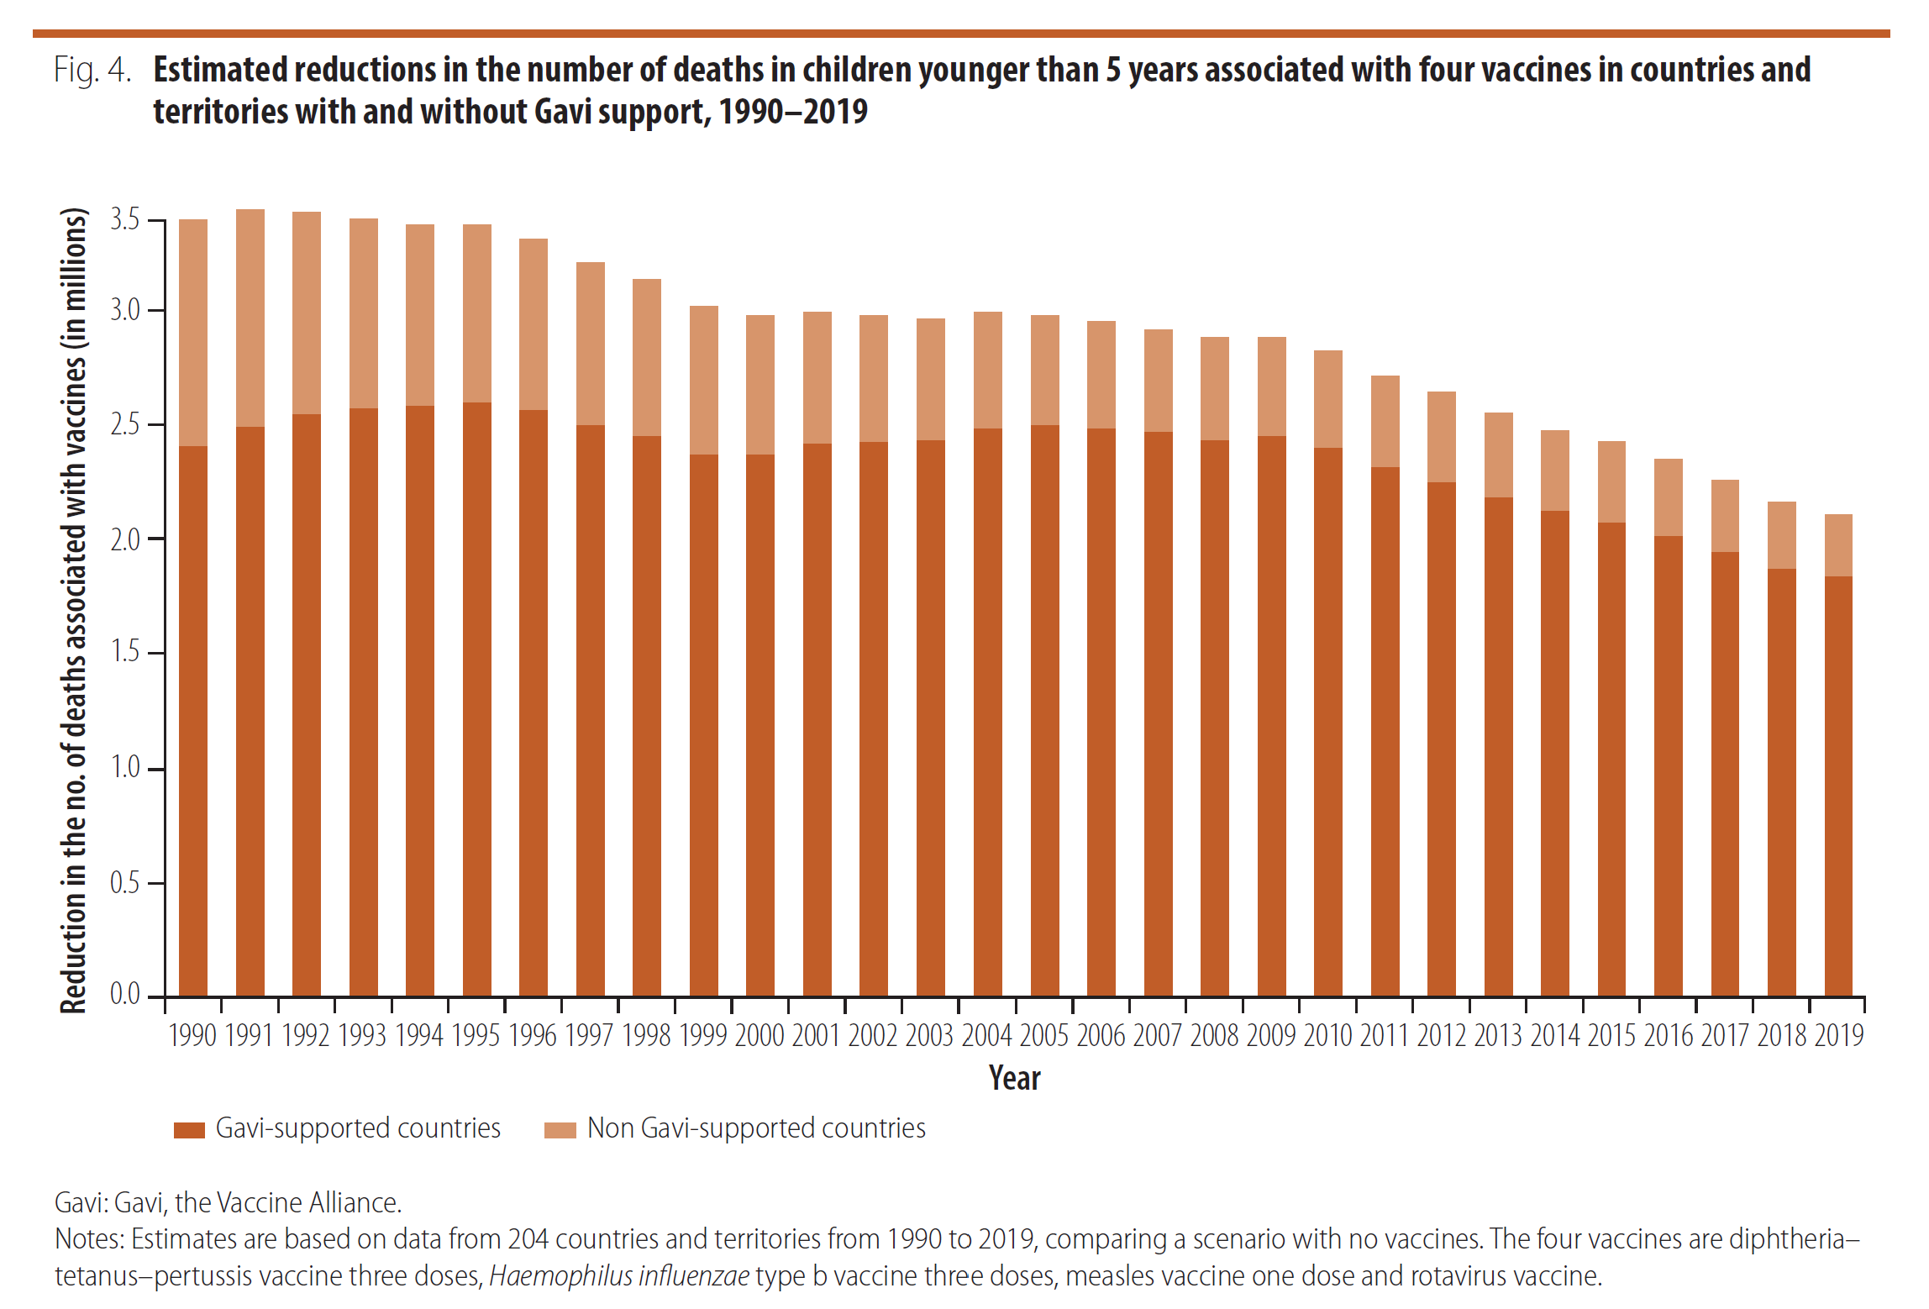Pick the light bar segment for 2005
(1044, 370)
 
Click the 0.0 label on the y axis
(125, 995)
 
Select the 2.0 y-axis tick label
(125, 539)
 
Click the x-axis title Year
(1014, 1078)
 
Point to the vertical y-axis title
(74, 610)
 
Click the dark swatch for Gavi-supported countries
(189, 1130)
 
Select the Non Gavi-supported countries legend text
(756, 1128)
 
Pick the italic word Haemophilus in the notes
(560, 1276)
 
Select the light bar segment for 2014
(1554, 471)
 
